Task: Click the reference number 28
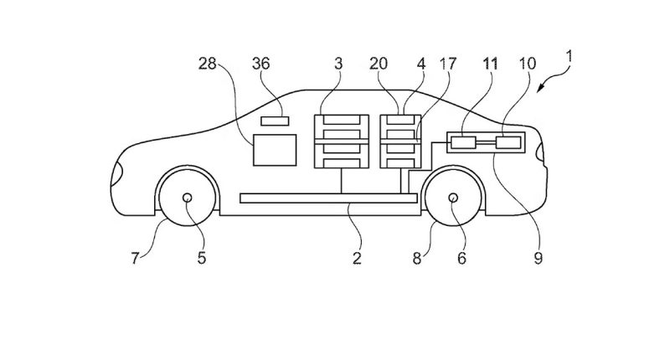208,64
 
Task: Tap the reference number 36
261,64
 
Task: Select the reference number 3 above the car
338,64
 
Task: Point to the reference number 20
379,64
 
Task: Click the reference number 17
448,64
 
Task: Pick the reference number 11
491,64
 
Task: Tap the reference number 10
528,64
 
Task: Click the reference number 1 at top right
569,57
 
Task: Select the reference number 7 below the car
135,258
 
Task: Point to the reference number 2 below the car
358,258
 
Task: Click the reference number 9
539,258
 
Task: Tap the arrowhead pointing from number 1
540,89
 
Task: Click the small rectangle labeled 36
275,121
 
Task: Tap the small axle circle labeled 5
187,198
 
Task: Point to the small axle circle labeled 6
453,198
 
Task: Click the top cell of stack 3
342,120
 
